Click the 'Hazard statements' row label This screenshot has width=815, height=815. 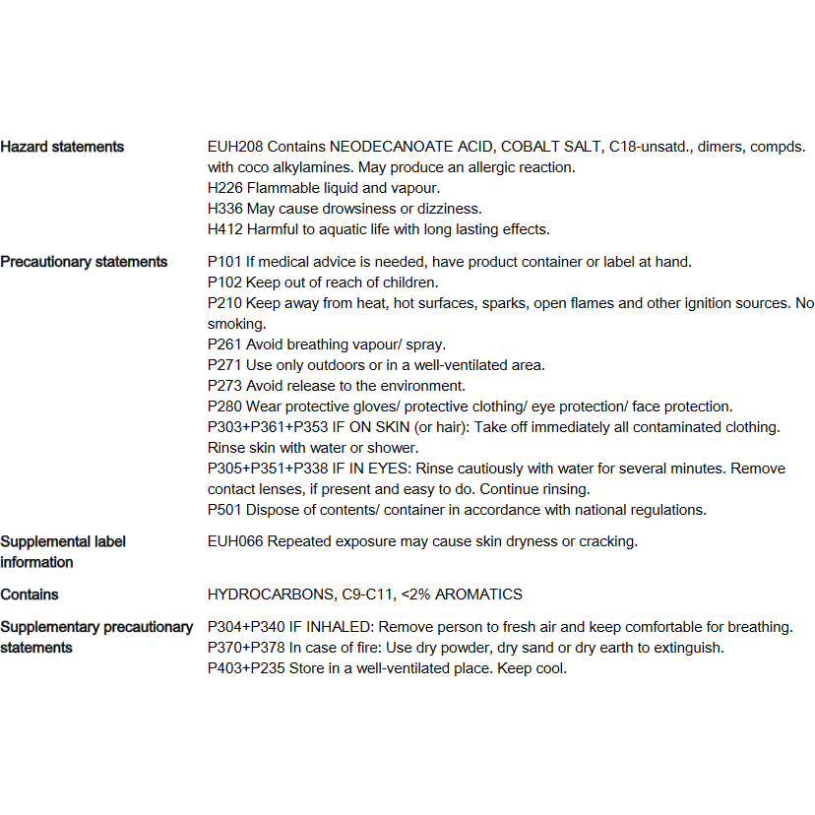point(62,147)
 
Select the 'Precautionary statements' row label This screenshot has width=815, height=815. point(84,262)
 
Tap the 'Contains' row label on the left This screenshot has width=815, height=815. point(30,595)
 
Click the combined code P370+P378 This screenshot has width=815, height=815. point(246,648)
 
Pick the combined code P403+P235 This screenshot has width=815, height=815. point(246,668)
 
